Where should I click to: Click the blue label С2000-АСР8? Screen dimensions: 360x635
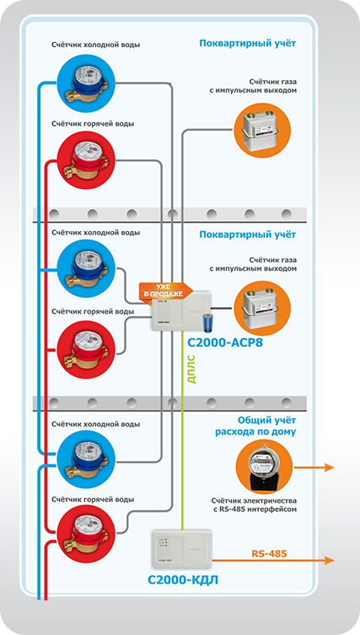[225, 343]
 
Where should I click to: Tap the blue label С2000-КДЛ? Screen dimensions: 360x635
[183, 580]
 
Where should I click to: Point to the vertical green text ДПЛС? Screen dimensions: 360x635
[192, 369]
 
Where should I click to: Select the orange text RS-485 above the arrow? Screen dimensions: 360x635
[269, 553]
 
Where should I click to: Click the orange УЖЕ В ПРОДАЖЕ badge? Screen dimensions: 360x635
[164, 290]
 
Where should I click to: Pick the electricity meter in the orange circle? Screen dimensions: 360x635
[264, 466]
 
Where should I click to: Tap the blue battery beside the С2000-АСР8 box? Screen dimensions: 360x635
[210, 320]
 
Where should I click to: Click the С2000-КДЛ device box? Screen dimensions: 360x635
[181, 550]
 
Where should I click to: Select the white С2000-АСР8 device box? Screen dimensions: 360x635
[181, 310]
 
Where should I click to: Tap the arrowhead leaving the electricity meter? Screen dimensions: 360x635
[329, 468]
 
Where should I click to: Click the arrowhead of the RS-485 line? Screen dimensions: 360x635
[329, 561]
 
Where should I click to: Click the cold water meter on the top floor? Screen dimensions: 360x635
[86, 83]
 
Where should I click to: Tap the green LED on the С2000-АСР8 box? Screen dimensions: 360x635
[165, 302]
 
